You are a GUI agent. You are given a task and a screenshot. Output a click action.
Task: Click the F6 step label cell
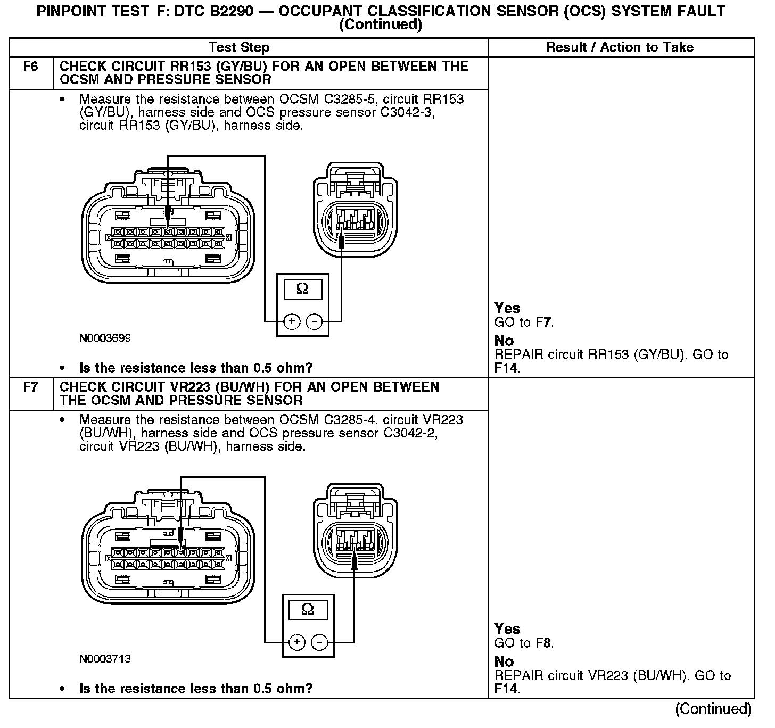(31, 67)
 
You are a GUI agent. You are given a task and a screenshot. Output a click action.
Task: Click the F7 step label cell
(31, 387)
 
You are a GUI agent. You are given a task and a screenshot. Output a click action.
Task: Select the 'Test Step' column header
(239, 47)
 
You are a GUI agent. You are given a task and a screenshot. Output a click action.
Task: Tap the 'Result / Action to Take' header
(620, 47)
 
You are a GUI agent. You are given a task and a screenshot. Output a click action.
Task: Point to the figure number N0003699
(105, 338)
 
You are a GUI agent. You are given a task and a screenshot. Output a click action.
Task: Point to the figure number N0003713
(105, 659)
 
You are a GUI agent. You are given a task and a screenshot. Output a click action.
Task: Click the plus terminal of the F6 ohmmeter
(292, 321)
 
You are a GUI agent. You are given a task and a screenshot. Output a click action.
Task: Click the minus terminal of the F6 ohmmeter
(315, 321)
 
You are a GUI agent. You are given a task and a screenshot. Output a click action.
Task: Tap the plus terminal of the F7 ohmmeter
(297, 642)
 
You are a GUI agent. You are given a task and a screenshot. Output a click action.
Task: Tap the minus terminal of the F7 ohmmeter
(319, 642)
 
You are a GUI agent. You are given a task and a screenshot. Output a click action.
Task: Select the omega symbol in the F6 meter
(302, 289)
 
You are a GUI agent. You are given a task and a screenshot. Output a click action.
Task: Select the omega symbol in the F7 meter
(308, 609)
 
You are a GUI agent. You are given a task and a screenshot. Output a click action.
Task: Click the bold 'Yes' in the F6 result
(507, 308)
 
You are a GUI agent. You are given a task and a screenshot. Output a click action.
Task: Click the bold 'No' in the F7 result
(504, 661)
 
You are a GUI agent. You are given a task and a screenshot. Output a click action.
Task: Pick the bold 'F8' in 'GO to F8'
(543, 643)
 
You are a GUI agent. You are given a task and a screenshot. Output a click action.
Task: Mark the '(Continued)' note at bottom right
(713, 708)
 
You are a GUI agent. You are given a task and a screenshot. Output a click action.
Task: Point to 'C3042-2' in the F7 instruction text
(410, 433)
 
